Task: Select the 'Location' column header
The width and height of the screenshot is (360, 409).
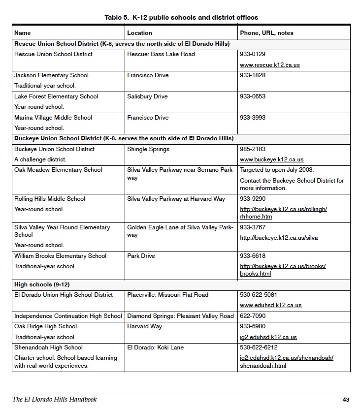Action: (139, 33)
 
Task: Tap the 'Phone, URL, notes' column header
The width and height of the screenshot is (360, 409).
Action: (266, 33)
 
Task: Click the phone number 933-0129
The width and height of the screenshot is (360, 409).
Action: (253, 54)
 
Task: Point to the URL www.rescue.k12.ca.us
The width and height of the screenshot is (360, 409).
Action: (269, 65)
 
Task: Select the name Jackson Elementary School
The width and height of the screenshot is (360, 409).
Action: (51, 75)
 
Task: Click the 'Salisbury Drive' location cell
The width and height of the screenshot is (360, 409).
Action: (147, 96)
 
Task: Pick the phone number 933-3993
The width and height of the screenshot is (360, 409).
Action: (253, 118)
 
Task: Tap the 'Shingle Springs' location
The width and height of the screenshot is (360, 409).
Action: (148, 149)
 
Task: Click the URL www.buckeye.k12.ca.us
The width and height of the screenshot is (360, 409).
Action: (271, 159)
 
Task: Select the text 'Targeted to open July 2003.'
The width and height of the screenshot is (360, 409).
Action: (277, 170)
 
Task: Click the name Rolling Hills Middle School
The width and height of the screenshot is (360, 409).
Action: (50, 199)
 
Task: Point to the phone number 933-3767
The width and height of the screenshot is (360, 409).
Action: (253, 227)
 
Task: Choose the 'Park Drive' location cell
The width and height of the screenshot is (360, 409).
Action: (141, 256)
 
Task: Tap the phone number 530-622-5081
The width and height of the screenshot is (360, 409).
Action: (260, 295)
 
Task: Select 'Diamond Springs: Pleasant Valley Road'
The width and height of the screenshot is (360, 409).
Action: (180, 316)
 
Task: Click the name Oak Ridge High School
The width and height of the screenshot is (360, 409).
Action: (45, 326)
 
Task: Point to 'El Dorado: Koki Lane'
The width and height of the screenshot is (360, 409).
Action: (155, 347)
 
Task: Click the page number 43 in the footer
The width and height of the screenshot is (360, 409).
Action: (345, 400)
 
